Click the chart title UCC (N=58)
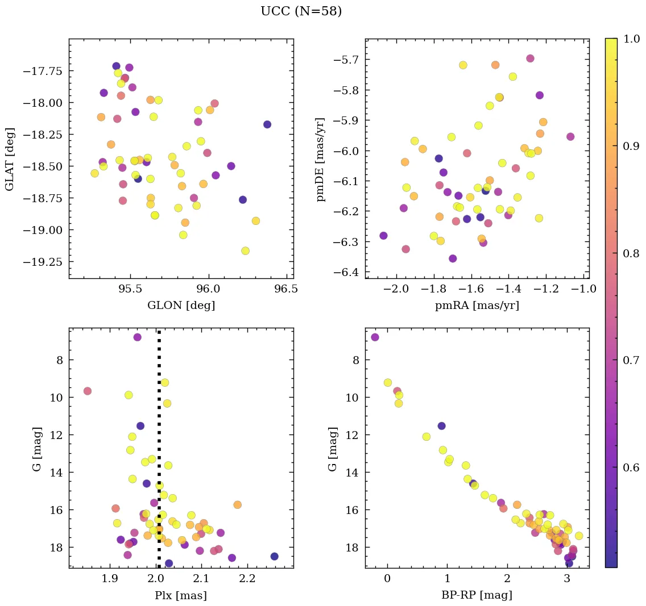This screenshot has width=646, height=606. click(x=301, y=11)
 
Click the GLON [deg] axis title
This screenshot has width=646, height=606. click(x=181, y=306)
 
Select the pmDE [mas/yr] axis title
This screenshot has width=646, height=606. click(x=321, y=159)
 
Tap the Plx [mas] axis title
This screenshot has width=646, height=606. click(x=181, y=596)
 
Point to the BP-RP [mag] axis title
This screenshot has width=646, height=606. click(x=477, y=596)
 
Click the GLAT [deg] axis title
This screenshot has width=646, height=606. click(x=10, y=159)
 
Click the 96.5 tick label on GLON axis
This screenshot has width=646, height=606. click(x=285, y=290)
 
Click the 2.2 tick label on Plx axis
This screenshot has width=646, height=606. click(x=247, y=580)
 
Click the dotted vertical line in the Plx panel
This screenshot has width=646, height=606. click(x=159, y=454)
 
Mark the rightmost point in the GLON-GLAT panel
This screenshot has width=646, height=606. click(x=267, y=124)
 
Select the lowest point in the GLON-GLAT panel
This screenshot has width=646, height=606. click(x=245, y=251)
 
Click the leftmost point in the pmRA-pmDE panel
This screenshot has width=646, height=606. click(x=383, y=236)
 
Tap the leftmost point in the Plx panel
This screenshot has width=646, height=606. click(x=88, y=391)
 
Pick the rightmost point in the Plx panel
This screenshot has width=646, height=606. click(x=274, y=557)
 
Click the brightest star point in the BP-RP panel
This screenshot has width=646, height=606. click(x=375, y=337)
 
